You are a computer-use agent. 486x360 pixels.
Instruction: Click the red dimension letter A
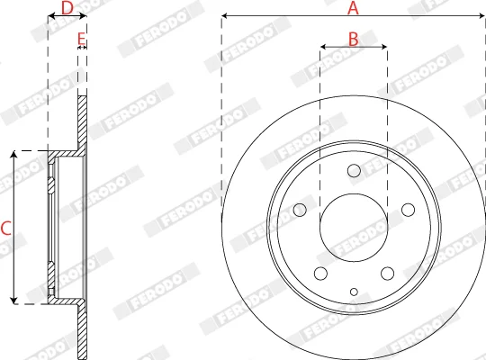(x=353, y=8)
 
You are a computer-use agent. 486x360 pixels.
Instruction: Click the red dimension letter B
(x=354, y=39)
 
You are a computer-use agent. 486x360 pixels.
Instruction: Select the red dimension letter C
(x=6, y=228)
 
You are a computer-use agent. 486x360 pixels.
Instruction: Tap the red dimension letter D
(x=67, y=8)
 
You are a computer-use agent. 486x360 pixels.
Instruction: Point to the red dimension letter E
(x=81, y=39)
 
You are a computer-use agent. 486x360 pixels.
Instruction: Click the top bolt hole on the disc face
(x=354, y=171)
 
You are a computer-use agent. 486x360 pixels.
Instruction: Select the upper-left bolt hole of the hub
(x=300, y=210)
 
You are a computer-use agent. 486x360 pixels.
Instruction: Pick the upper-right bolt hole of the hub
(x=409, y=210)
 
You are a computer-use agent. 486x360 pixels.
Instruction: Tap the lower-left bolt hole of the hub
(x=320, y=274)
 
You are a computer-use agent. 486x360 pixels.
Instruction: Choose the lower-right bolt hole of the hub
(x=387, y=274)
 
